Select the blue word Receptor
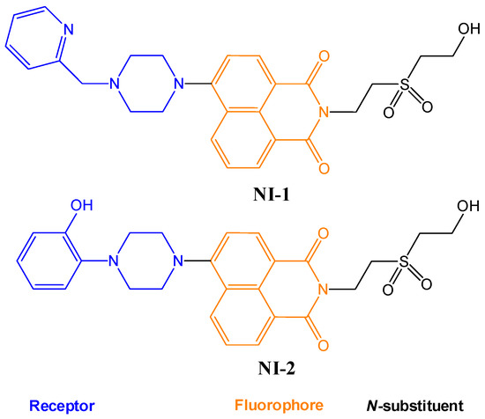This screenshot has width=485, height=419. click(62, 407)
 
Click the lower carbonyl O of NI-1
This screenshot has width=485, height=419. click(325, 168)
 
